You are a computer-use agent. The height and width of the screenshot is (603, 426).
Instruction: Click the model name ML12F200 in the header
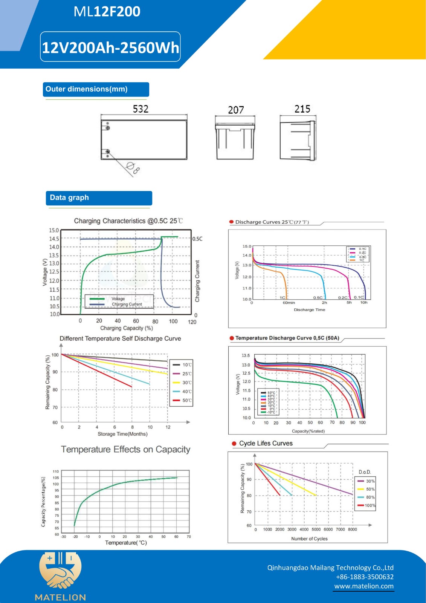click(x=107, y=12)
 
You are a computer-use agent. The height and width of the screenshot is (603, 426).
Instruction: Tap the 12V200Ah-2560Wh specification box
click(x=110, y=47)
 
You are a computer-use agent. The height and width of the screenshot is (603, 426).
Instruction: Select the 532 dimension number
click(x=140, y=109)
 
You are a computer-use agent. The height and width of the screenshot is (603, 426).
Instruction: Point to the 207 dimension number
click(x=236, y=110)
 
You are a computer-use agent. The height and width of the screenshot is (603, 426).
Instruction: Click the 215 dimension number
click(x=302, y=109)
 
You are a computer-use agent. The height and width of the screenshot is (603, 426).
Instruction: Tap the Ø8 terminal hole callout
click(x=133, y=168)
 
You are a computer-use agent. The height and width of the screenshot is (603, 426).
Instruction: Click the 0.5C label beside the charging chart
click(x=197, y=239)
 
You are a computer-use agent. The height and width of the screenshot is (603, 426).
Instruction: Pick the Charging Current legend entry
click(x=126, y=305)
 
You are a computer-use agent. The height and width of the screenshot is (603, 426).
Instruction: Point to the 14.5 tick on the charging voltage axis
click(x=54, y=239)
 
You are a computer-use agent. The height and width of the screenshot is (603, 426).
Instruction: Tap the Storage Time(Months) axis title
click(x=122, y=434)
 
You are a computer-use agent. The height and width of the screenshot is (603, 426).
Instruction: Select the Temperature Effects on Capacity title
click(x=125, y=449)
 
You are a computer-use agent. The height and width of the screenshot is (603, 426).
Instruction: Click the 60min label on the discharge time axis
click(x=289, y=303)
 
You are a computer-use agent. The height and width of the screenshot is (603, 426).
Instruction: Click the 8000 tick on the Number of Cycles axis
click(x=352, y=530)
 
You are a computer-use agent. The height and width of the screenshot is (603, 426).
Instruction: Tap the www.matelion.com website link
click(x=364, y=586)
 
